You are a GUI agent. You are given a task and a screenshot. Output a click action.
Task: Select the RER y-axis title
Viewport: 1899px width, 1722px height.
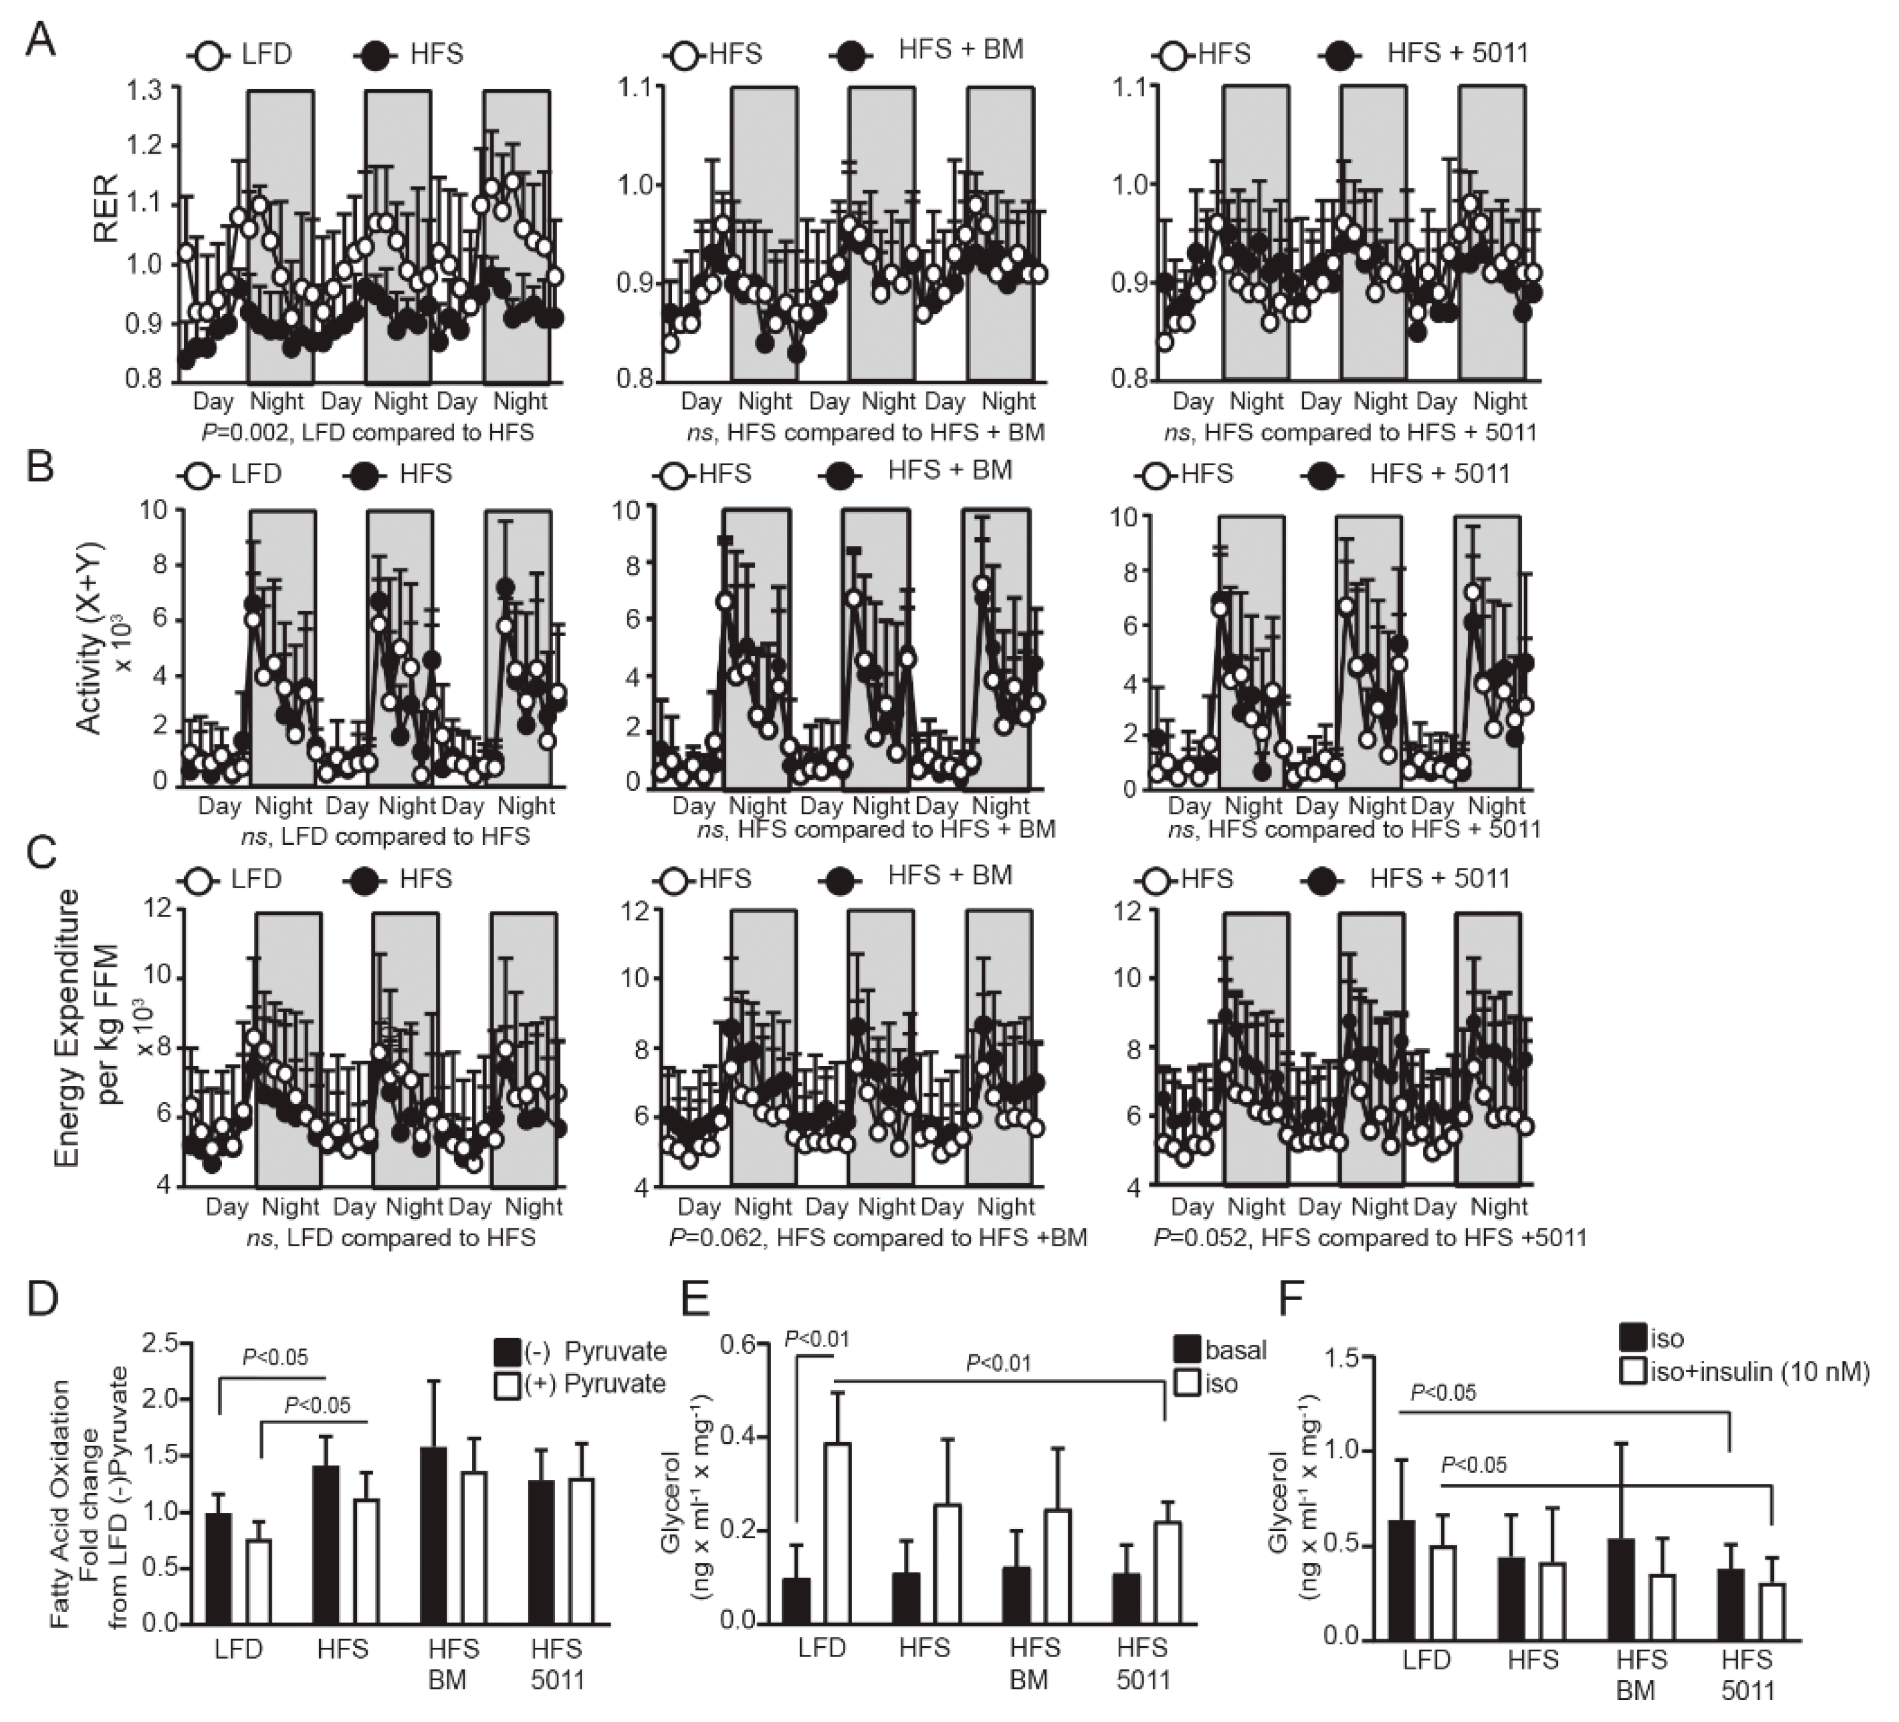[107, 209]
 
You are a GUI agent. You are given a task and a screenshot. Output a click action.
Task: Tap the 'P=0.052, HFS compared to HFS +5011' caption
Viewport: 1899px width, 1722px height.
[1371, 1237]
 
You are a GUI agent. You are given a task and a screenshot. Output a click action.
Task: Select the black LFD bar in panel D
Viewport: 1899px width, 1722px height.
[218, 1567]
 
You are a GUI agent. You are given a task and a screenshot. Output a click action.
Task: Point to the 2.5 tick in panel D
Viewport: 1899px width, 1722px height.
[159, 1343]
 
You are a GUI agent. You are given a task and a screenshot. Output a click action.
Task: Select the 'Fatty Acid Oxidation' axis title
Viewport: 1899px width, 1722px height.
[60, 1504]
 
